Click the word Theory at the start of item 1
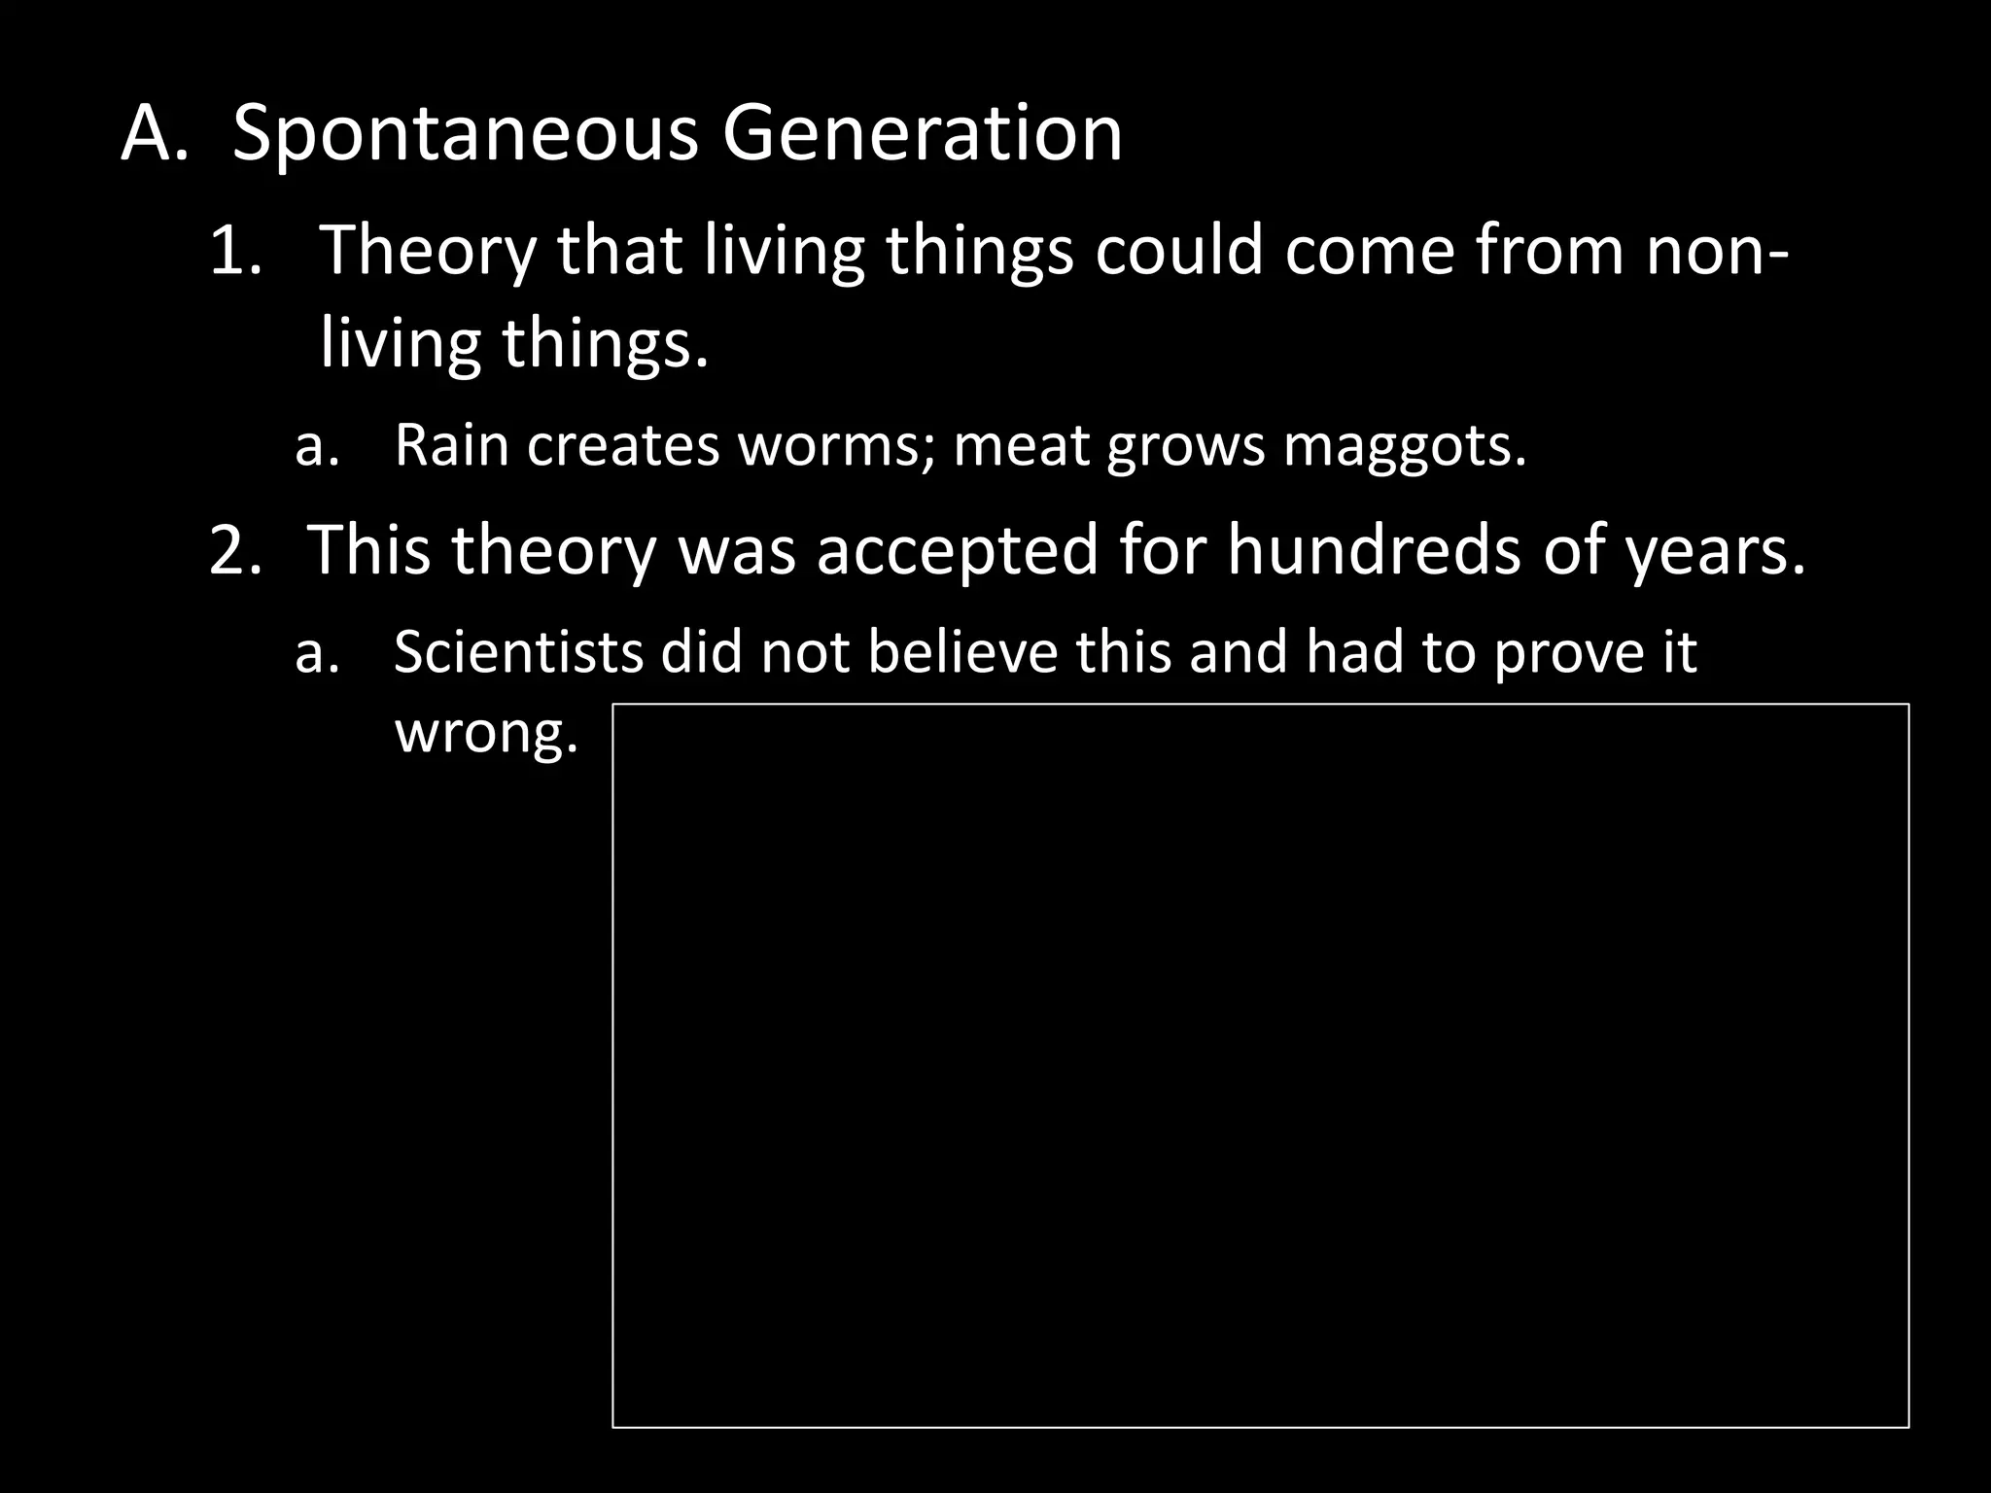coord(428,251)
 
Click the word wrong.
coord(486,732)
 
